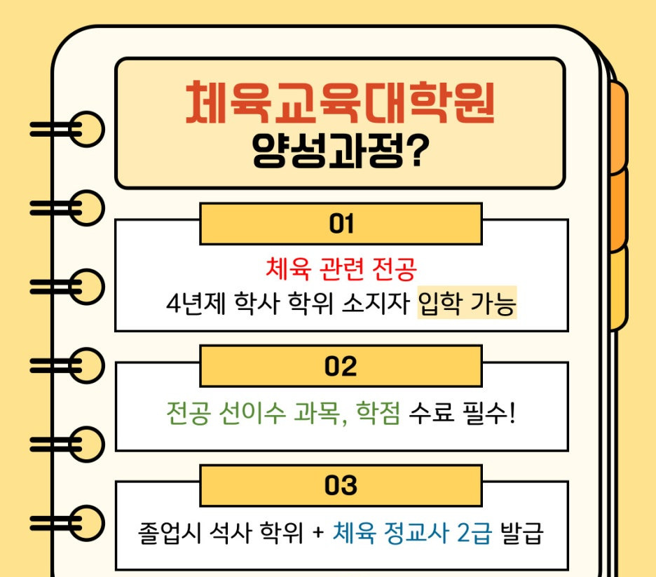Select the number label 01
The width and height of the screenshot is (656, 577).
pos(341,224)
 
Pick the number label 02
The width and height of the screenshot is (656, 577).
pos(341,367)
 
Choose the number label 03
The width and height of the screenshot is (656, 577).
pos(341,486)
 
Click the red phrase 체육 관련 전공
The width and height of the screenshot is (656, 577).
pos(341,267)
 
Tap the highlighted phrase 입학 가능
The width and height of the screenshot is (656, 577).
pos(467,305)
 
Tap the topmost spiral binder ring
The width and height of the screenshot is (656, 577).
pos(87,129)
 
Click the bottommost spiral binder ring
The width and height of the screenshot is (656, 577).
pos(87,522)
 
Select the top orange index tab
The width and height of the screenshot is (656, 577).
pos(617,126)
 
